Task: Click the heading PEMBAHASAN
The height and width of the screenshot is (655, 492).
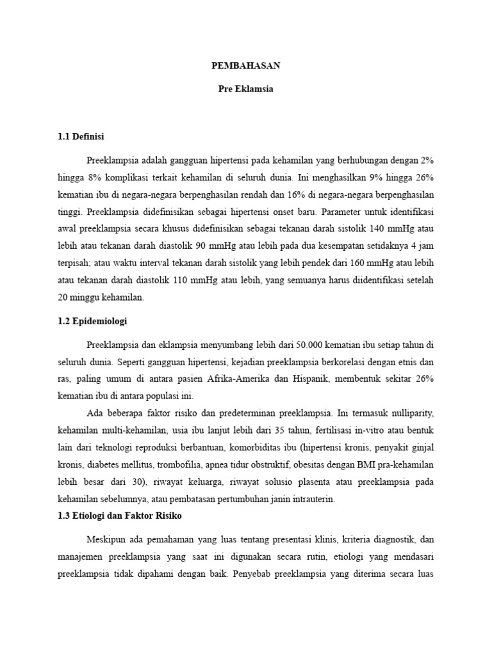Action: (246, 66)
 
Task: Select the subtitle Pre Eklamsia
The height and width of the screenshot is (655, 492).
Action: (246, 89)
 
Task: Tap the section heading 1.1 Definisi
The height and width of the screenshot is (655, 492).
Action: (81, 137)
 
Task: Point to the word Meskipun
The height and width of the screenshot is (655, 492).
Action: (113, 539)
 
